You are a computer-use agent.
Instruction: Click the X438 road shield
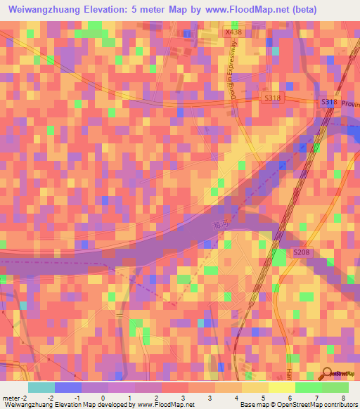[x=233, y=33]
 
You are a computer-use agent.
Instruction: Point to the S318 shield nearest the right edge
[x=329, y=102]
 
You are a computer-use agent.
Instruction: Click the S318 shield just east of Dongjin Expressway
[x=273, y=98]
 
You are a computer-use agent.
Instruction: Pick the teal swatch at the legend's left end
[x=41, y=387]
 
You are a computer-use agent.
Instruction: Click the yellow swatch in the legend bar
[x=281, y=387]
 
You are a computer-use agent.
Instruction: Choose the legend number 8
[x=343, y=398]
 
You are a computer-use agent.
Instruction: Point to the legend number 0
[x=103, y=398]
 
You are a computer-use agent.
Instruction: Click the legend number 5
[x=263, y=398]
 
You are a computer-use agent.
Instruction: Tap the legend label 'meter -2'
[x=14, y=398]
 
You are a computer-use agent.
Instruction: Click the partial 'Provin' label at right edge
[x=350, y=105]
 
